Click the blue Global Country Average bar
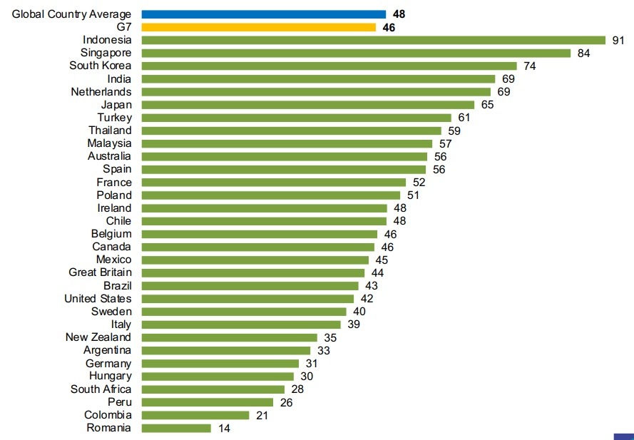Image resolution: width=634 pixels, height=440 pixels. pyautogui.click(x=264, y=14)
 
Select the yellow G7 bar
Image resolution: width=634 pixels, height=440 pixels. pyautogui.click(x=259, y=27)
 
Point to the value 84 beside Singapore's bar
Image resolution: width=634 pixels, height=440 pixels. pyautogui.click(x=584, y=53)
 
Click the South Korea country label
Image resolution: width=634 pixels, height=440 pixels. pyautogui.click(x=101, y=66)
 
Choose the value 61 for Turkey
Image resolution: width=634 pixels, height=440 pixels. pyautogui.click(x=463, y=118)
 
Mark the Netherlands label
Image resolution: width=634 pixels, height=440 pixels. pyautogui.click(x=101, y=92)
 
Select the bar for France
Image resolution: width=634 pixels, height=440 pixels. pyautogui.click(x=274, y=183)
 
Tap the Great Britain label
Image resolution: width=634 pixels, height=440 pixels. pyautogui.click(x=100, y=272)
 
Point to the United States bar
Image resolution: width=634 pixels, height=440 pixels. pyautogui.click(x=247, y=299)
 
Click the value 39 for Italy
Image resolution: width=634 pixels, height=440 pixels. pyautogui.click(x=353, y=324)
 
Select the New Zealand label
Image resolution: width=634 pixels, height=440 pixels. pyautogui.click(x=98, y=337)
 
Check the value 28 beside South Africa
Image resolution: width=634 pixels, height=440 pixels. pyautogui.click(x=297, y=389)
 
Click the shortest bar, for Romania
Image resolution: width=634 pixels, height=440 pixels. pyautogui.click(x=177, y=428)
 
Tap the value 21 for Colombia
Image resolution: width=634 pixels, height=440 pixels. pyautogui.click(x=261, y=415)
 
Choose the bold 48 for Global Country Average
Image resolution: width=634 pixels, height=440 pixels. pyautogui.click(x=399, y=14)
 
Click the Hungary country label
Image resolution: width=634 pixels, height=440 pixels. pyautogui.click(x=111, y=376)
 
